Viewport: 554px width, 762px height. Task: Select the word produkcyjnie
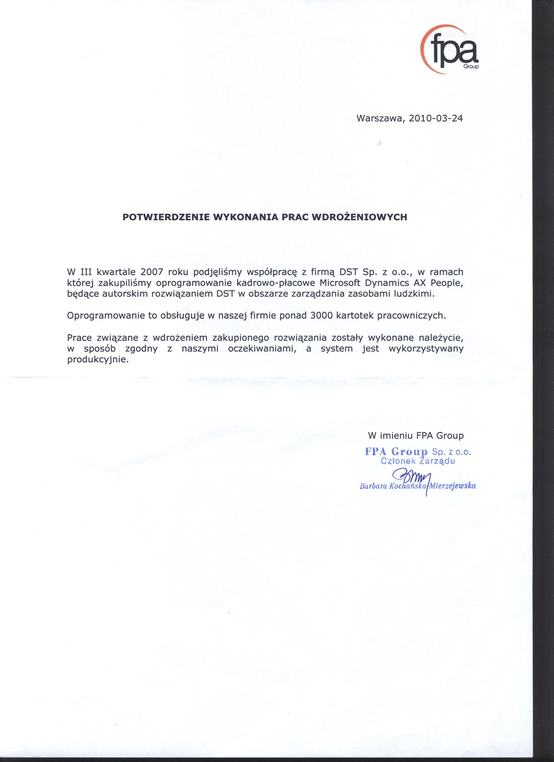[x=98, y=360]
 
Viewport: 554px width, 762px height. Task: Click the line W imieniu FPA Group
[x=416, y=436]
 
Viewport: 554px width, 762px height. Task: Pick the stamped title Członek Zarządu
[x=418, y=461]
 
